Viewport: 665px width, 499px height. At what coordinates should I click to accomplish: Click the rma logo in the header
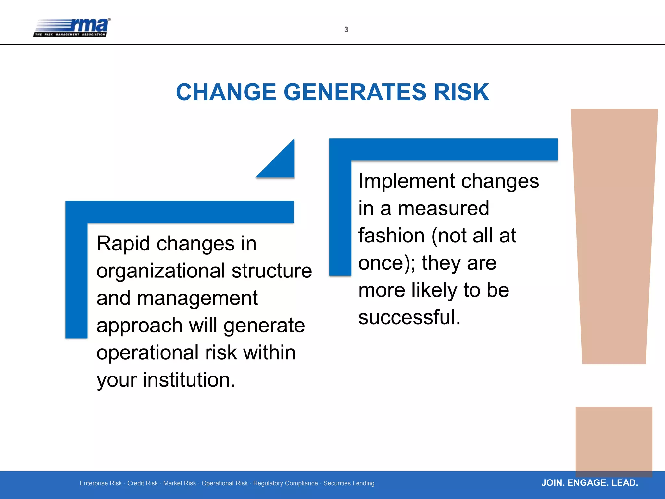pyautogui.click(x=72, y=28)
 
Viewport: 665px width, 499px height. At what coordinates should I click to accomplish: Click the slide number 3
pyautogui.click(x=346, y=30)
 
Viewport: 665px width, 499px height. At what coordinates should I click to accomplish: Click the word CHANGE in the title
pyautogui.click(x=226, y=92)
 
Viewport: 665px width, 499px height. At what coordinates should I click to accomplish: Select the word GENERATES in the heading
pyautogui.click(x=355, y=92)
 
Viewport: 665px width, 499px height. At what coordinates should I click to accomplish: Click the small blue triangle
pyautogui.click(x=281, y=164)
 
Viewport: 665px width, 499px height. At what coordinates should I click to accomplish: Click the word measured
pyautogui.click(x=443, y=208)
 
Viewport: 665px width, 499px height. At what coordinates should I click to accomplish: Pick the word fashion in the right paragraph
pyautogui.click(x=391, y=236)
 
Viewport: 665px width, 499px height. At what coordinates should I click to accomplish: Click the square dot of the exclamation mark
pyautogui.click(x=614, y=440)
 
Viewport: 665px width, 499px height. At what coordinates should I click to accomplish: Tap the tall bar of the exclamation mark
pyautogui.click(x=614, y=234)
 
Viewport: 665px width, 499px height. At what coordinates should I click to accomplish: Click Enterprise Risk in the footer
pyautogui.click(x=101, y=483)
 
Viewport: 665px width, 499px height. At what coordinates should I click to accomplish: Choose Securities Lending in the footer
pyautogui.click(x=349, y=483)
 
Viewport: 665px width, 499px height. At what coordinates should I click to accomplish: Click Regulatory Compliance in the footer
pyautogui.click(x=285, y=483)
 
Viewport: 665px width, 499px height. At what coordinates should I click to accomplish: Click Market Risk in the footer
pyautogui.click(x=180, y=483)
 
